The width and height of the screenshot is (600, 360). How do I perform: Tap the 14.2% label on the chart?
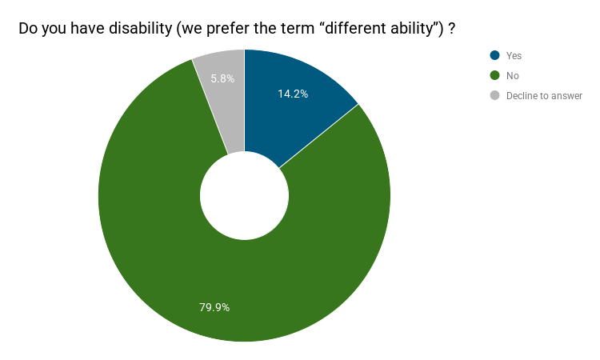pos(293,94)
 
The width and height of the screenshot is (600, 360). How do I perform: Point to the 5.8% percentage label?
pos(222,78)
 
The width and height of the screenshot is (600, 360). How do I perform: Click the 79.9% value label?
pos(214,307)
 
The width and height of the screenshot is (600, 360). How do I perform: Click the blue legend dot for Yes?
pos(494,55)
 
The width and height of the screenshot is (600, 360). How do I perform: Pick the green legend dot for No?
pos(494,75)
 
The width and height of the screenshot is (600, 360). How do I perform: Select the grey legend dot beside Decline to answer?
pos(494,95)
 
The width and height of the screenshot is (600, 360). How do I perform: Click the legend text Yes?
pos(514,55)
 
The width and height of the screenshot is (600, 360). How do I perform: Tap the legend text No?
pos(512,76)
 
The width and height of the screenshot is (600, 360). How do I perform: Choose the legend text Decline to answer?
pos(544,96)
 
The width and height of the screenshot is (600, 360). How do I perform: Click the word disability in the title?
pos(141,28)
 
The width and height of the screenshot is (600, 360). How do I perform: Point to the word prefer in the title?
pos(229,29)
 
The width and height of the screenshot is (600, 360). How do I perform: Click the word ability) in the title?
pos(418,29)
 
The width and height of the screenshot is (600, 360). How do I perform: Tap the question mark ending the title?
pos(451,29)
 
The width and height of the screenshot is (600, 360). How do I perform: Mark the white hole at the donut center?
pos(245,195)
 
